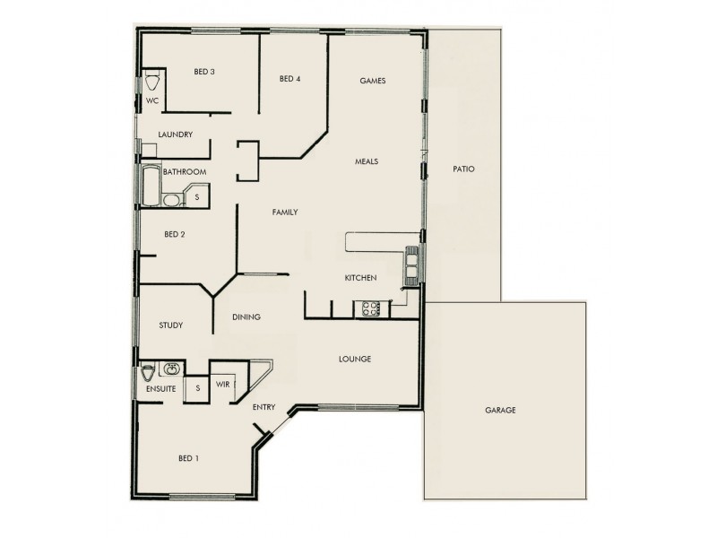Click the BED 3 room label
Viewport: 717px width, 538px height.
click(204, 72)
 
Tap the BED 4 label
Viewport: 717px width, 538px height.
click(289, 79)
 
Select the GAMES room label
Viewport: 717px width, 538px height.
click(372, 81)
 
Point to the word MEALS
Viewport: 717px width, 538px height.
click(367, 162)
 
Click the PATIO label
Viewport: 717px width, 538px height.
click(463, 169)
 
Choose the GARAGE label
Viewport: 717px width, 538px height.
click(500, 411)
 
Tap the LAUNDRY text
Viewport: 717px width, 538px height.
click(175, 134)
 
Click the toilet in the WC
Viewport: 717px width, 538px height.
click(151, 82)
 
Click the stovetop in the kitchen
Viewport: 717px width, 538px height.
click(369, 309)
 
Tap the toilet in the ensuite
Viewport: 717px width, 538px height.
click(149, 373)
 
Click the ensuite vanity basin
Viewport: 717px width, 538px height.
click(171, 369)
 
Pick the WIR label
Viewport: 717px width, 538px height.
click(224, 384)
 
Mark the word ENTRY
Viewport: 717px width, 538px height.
click(263, 407)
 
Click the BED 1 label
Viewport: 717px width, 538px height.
click(188, 459)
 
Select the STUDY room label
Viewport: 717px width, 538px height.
click(170, 325)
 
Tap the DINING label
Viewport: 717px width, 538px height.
click(246, 317)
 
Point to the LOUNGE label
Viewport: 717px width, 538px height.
click(355, 360)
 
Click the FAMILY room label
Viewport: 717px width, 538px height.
click(285, 213)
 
